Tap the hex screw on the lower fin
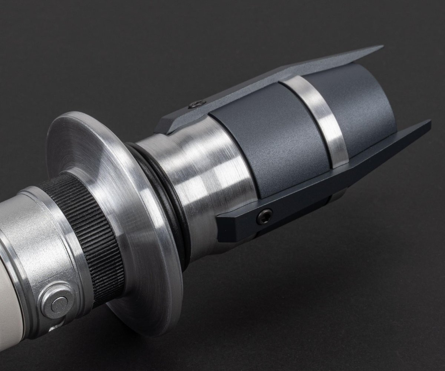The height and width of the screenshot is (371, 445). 264,216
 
